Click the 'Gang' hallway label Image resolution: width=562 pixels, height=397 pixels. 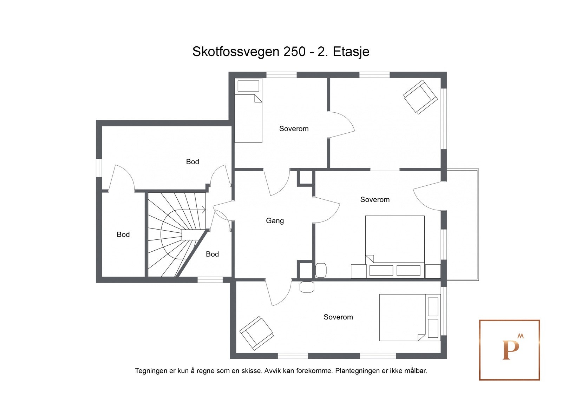(x=275, y=221)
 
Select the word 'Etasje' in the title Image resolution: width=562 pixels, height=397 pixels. (x=351, y=52)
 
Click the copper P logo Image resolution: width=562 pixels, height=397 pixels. (x=509, y=350)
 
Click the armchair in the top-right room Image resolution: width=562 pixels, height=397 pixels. (x=420, y=97)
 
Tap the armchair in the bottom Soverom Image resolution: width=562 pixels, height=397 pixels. (x=256, y=333)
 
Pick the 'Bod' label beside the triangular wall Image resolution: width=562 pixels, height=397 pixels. (x=212, y=254)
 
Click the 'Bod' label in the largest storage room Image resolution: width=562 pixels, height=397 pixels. (x=192, y=162)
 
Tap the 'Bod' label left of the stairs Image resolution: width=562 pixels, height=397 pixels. (x=123, y=234)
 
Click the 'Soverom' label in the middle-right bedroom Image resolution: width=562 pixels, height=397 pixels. (x=375, y=200)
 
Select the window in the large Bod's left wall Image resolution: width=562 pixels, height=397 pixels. (x=99, y=168)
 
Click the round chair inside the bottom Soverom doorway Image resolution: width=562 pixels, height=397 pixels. (x=307, y=287)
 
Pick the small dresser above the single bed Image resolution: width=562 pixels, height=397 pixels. (x=248, y=86)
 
